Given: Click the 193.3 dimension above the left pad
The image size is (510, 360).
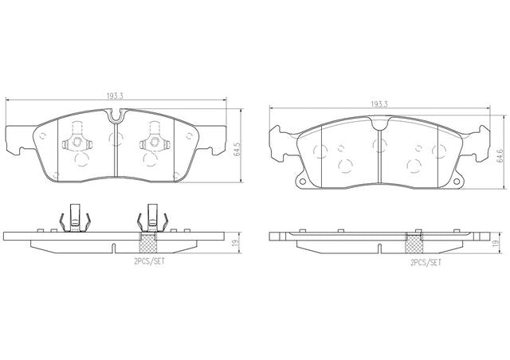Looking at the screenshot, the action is point(114,96).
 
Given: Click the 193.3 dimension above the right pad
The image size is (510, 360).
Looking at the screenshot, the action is point(379,104).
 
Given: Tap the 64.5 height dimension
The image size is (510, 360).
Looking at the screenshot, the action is point(237,149).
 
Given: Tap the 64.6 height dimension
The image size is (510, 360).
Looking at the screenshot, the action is point(500,156).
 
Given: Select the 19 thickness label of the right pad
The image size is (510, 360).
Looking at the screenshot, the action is point(496,243).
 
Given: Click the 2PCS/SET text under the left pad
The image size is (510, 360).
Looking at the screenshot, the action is point(149,261).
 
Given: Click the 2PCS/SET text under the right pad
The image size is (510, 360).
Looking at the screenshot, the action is point(426,263).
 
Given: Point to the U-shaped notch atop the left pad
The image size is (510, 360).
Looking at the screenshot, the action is point(116,116).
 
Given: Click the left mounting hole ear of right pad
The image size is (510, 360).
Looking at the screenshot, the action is point(302,182).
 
